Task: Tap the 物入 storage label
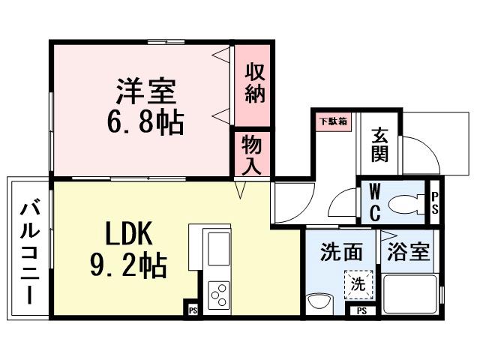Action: tap(251, 156)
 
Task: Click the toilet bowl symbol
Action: tap(406, 202)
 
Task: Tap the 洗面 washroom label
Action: tap(342, 251)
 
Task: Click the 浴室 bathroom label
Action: tap(409, 251)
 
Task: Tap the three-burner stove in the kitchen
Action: tap(218, 295)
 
